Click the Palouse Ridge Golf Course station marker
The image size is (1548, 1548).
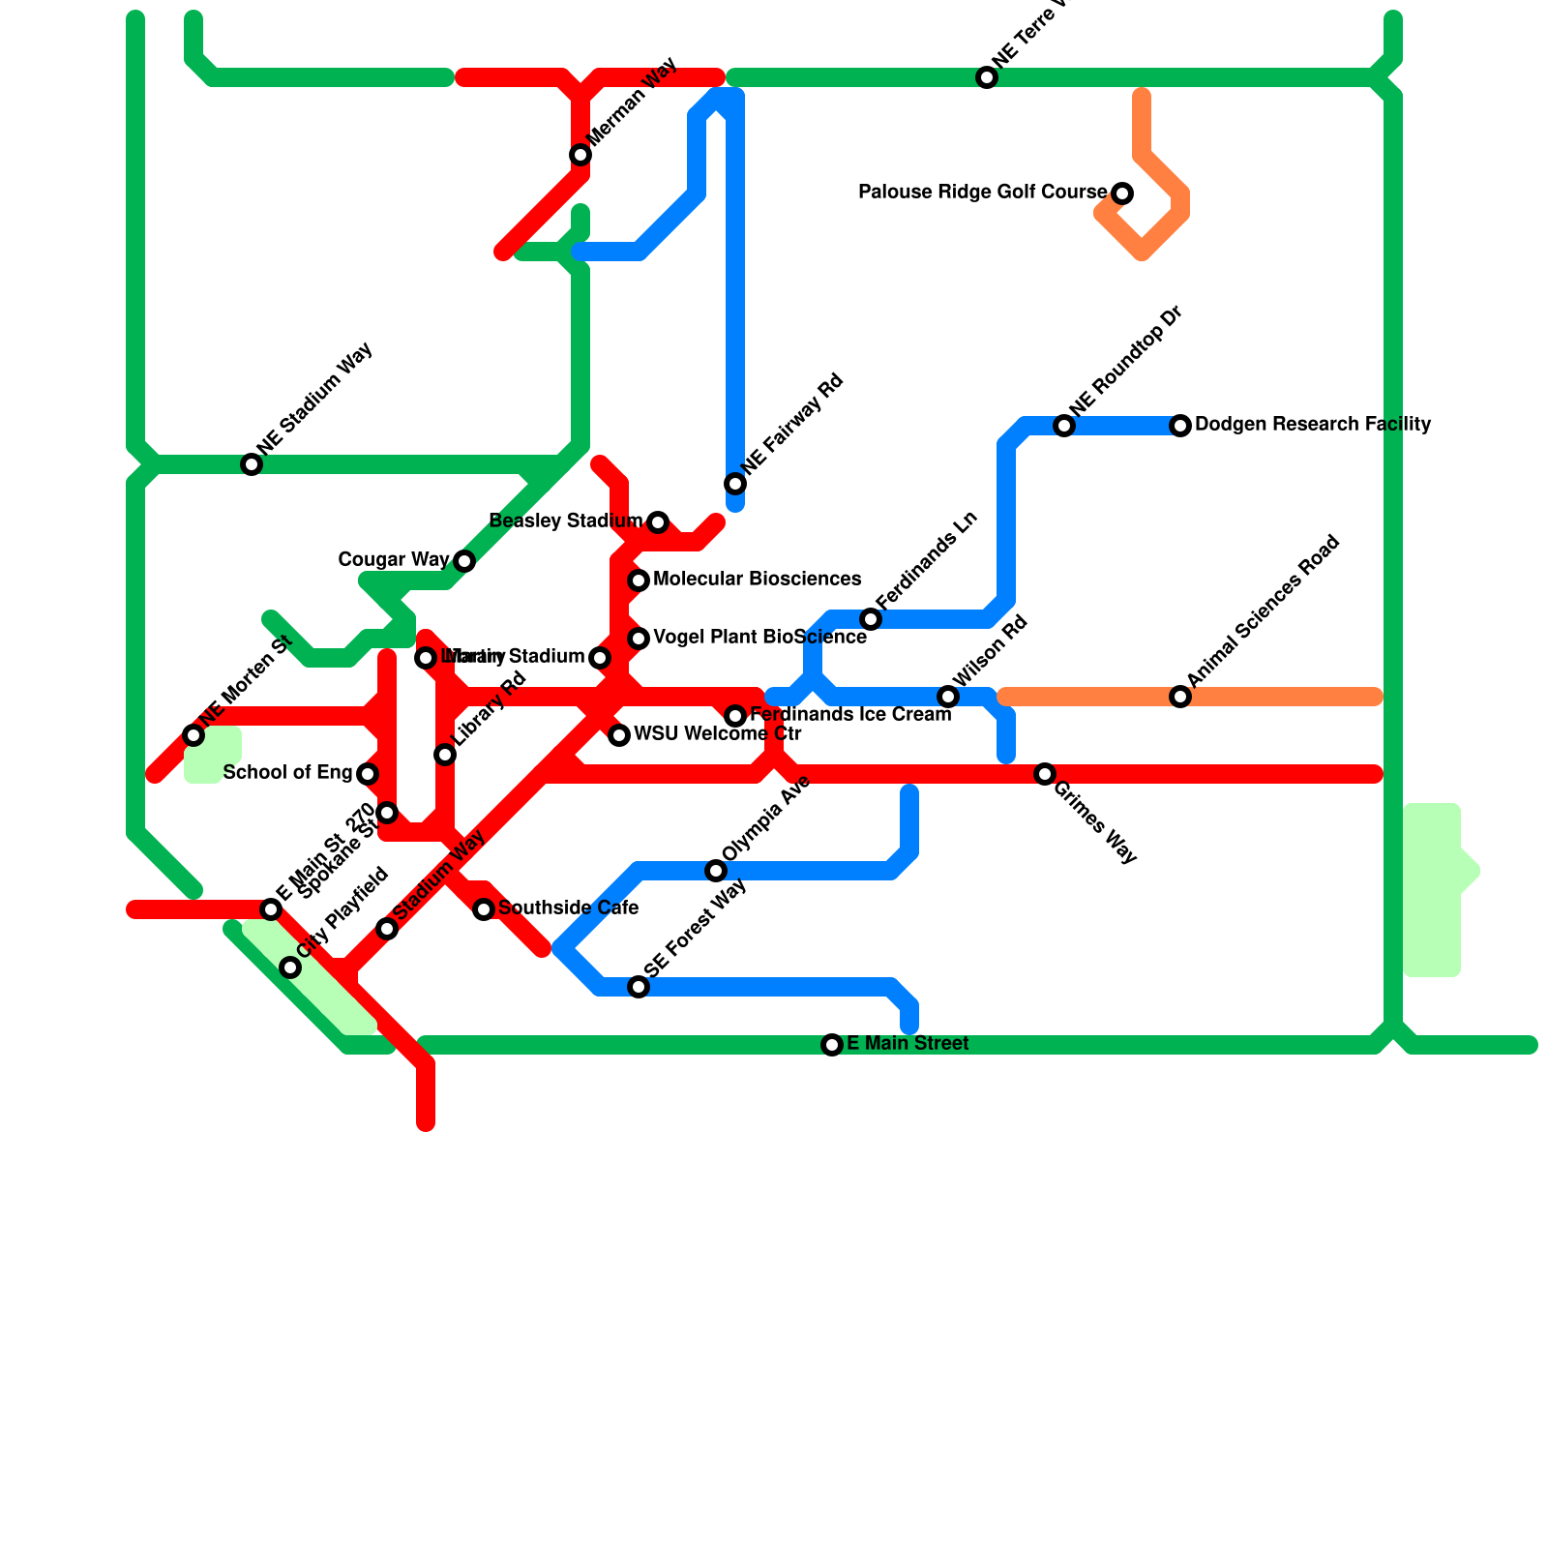[x=1122, y=193]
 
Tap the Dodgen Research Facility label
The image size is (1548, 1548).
[x=1312, y=425]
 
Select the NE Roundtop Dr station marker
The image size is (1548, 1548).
[x=1064, y=426]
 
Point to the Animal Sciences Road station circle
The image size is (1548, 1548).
[x=1180, y=697]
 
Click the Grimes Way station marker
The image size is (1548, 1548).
[x=1045, y=774]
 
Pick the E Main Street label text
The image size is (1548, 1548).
[x=908, y=1044]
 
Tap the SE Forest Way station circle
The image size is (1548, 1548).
[x=639, y=987]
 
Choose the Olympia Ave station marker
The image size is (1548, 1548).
[x=716, y=871]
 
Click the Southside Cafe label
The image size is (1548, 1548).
[x=568, y=908]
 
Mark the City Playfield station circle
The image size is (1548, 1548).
[x=290, y=967]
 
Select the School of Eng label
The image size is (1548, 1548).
[x=287, y=773]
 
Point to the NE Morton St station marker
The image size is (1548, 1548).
[x=193, y=735]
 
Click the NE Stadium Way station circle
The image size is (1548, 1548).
[x=252, y=464]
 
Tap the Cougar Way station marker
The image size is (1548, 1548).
[x=464, y=561]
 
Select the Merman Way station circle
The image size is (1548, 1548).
[x=580, y=155]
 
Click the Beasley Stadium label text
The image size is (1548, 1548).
[x=566, y=521]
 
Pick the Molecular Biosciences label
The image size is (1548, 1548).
[x=757, y=580]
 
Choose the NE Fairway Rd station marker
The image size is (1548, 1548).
[x=735, y=484]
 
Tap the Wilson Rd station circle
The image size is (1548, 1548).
[x=948, y=697]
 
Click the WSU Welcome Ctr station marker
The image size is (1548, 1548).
[x=619, y=735]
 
